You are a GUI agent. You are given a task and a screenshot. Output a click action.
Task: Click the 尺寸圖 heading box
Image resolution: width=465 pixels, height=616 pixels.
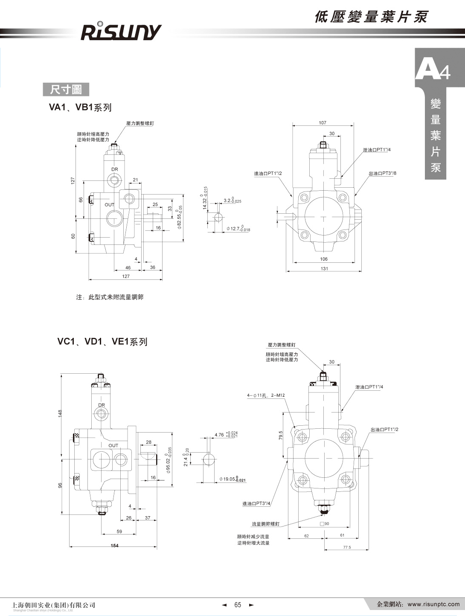coord(66,90)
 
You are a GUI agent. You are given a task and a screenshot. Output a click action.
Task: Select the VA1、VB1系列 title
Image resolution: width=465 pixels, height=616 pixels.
coord(80,107)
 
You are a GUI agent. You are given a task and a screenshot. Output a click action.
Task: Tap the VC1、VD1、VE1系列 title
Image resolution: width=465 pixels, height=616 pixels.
coord(102,342)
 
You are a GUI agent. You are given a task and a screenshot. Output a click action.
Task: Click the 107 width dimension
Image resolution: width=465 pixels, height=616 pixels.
coord(323,123)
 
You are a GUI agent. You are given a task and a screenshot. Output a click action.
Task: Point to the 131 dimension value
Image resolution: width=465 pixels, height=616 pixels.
coord(324,269)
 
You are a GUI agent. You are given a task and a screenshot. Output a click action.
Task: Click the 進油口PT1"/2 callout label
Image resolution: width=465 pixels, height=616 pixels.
coord(268,174)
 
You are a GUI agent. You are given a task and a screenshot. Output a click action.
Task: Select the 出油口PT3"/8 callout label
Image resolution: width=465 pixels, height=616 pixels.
coord(382,174)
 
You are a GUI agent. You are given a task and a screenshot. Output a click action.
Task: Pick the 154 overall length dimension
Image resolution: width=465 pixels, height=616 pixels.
coord(114,546)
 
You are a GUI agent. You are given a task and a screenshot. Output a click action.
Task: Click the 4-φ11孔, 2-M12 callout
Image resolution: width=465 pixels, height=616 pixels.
coord(265,395)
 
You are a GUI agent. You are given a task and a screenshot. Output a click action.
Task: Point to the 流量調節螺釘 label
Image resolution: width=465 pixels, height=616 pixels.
coord(265,523)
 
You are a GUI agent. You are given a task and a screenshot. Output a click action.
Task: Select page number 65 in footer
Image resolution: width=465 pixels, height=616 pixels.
coord(238,604)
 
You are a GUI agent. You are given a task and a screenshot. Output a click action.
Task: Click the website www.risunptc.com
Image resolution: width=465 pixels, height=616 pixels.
coord(433,604)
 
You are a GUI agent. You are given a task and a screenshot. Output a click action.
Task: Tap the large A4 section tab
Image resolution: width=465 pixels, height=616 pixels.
coord(433,70)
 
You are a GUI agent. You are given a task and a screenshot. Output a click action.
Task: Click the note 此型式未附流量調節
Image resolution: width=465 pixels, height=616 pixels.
coord(110,297)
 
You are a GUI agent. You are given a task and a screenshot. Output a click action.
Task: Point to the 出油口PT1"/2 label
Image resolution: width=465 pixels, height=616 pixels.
coord(384,430)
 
